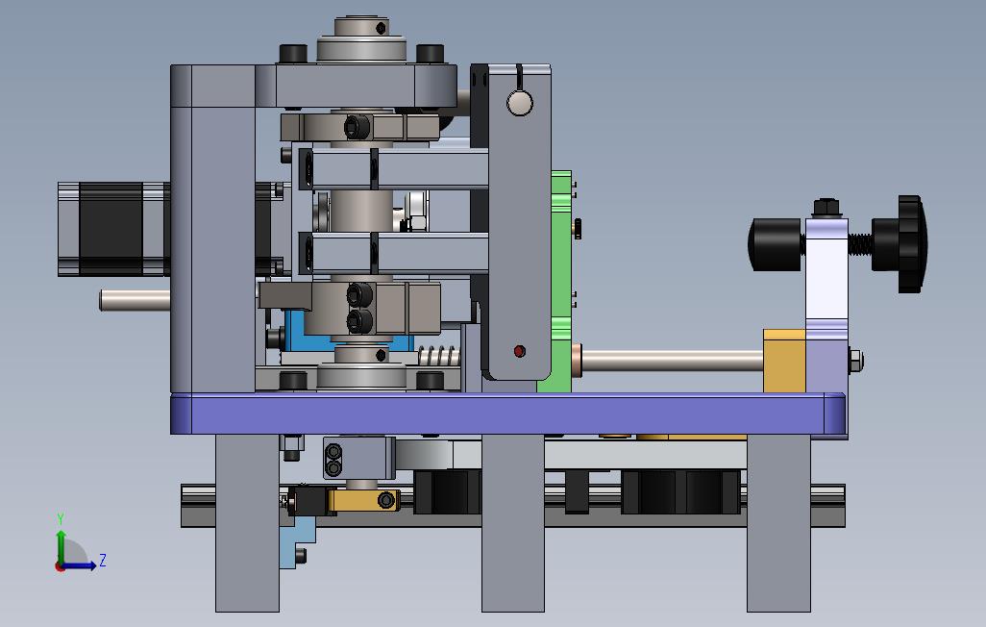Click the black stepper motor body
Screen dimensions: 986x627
pyautogui.click(x=113, y=229)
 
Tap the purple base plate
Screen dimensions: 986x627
pyautogui.click(x=508, y=414)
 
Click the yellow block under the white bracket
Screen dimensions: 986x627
pyautogui.click(x=784, y=361)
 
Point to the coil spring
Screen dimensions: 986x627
pyautogui.click(x=439, y=356)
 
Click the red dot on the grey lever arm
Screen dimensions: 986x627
pyautogui.click(x=519, y=351)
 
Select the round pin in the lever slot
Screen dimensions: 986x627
pyautogui.click(x=519, y=103)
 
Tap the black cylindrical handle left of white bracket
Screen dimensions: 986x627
pyautogui.click(x=776, y=244)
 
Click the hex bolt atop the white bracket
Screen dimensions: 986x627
pyautogui.click(x=827, y=208)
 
